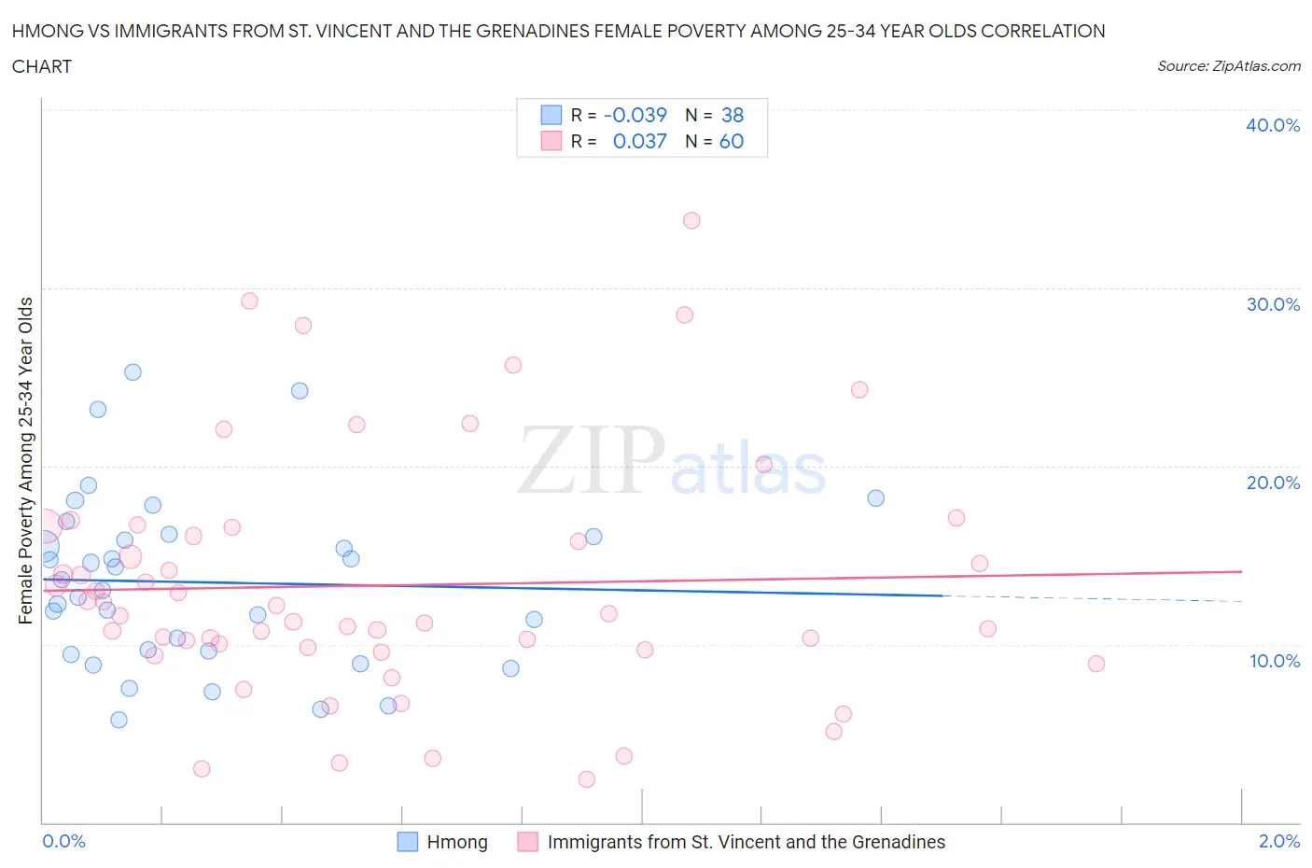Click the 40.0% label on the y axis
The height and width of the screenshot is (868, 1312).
(1272, 125)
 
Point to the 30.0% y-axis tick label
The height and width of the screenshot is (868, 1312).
(1272, 304)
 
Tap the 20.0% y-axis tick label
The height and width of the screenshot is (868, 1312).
(1272, 483)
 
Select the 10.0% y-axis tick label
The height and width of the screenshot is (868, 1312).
(1274, 661)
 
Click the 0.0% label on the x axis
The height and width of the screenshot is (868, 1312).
(63, 841)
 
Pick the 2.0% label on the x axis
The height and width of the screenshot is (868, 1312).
(1278, 841)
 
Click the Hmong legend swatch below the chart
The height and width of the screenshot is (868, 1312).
(408, 842)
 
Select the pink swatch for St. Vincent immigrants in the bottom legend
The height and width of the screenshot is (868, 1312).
(528, 842)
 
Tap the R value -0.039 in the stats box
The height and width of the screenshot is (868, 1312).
(635, 115)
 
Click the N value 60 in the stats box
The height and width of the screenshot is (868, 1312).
(732, 141)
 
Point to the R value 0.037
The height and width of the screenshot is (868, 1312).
(639, 141)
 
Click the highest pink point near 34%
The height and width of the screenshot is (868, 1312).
(691, 220)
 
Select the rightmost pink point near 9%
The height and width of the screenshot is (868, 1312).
(1096, 664)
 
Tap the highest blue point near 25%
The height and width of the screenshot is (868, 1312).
(133, 371)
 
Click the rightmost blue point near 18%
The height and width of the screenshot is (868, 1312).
(875, 497)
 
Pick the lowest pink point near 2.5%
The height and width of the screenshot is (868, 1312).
(587, 779)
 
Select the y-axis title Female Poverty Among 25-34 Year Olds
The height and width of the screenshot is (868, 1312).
(26, 460)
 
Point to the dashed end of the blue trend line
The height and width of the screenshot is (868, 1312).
(1092, 598)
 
